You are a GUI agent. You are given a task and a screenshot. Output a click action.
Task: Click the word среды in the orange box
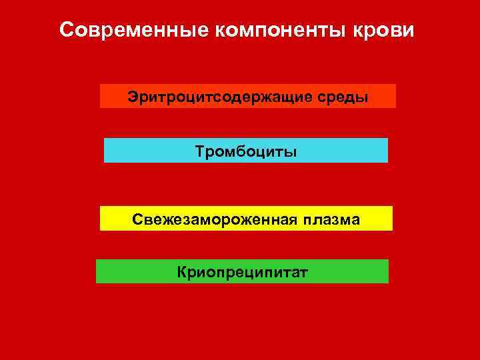345,97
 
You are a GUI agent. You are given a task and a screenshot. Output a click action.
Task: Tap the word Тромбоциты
246,151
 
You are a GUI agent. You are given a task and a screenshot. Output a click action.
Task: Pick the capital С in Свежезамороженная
136,219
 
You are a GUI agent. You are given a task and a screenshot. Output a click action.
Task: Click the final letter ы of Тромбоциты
291,152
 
